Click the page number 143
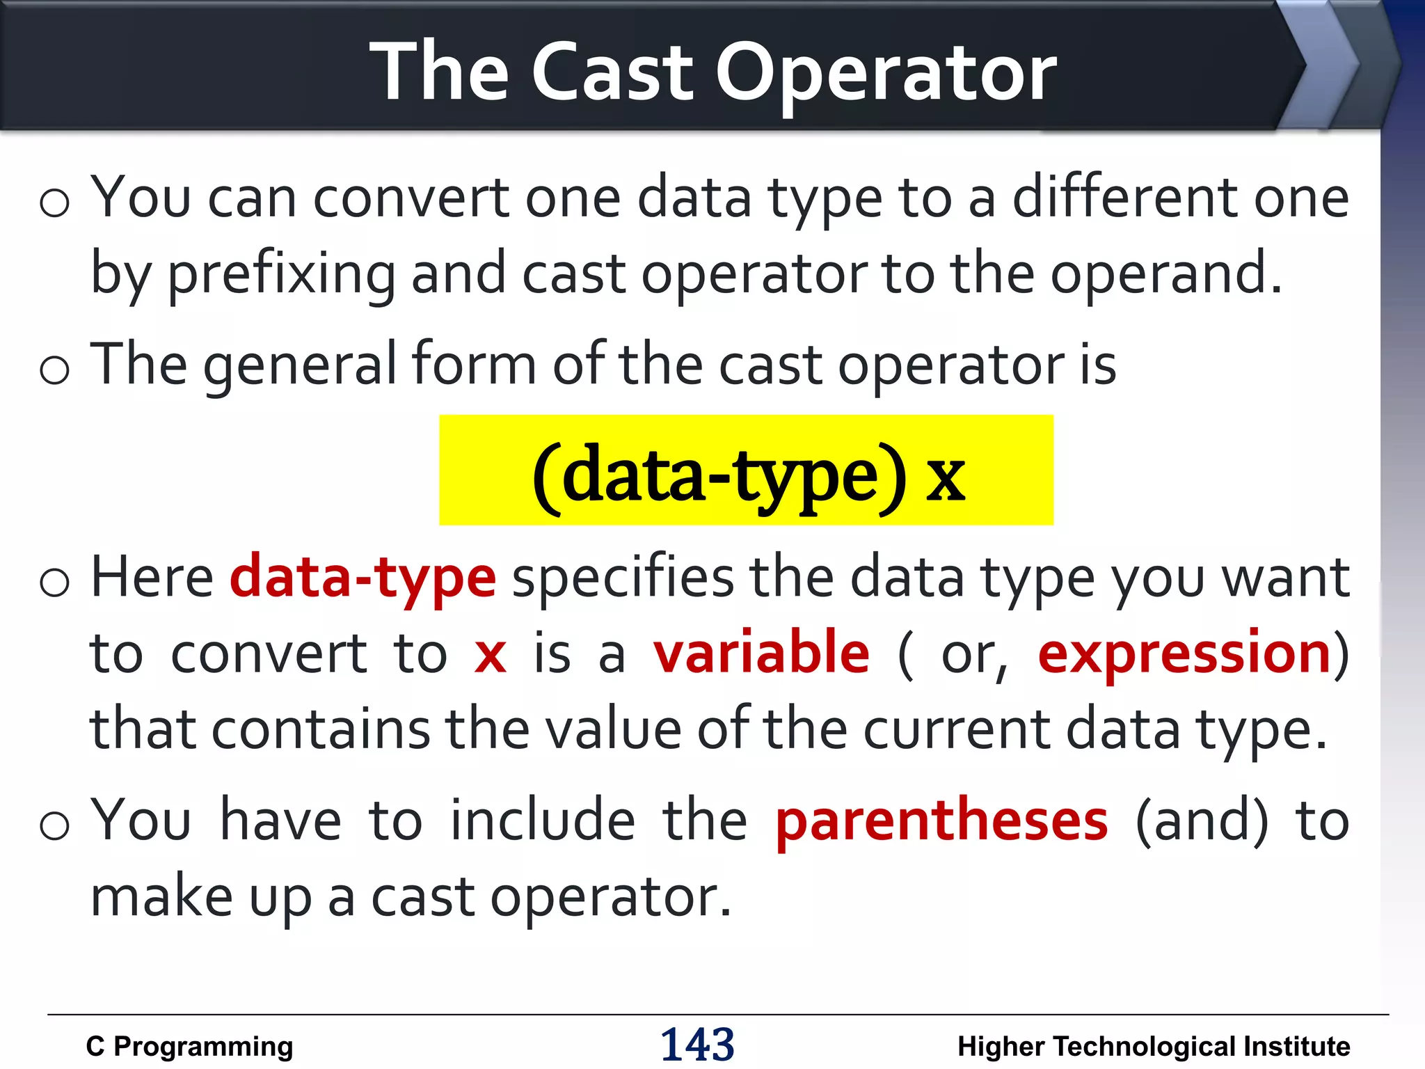pos(697,1044)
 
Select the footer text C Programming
pos(189,1047)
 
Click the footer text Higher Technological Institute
pos(1153,1047)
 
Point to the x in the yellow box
pos(945,478)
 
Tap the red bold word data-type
pos(363,578)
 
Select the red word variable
pos(761,653)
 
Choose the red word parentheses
pos(941,821)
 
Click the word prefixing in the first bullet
pos(282,274)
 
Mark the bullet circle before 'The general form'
pos(54,370)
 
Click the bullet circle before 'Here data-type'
pos(54,582)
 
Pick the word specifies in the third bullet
pos(623,578)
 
